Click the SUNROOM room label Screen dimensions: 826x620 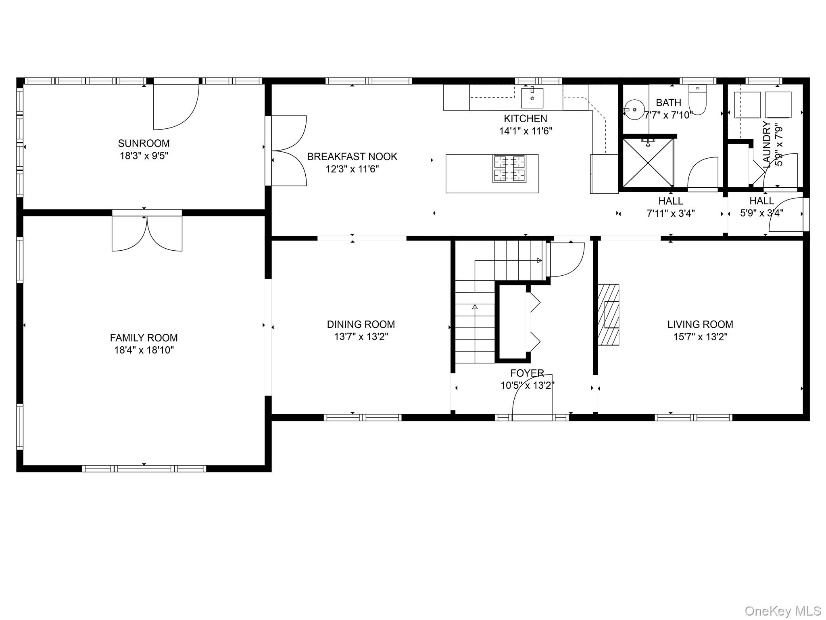pos(144,143)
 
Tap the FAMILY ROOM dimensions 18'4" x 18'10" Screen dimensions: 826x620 pos(144,350)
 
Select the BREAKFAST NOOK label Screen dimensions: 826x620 pos(352,157)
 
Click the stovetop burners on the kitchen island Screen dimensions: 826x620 pos(509,168)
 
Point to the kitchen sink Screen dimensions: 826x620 pos(532,98)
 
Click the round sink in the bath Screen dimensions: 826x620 pos(632,109)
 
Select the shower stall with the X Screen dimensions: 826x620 pos(648,163)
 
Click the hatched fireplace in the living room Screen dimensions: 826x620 pos(608,315)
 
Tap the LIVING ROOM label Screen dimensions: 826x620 pos(700,324)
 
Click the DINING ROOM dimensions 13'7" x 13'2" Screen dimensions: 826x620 pos(361,337)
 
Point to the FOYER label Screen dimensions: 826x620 pos(527,373)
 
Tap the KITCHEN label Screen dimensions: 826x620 pos(526,119)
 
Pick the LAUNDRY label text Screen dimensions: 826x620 pos(767,145)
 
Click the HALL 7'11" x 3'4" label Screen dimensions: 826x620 pos(671,207)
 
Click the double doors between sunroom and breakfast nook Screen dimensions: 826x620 pos(289,151)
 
